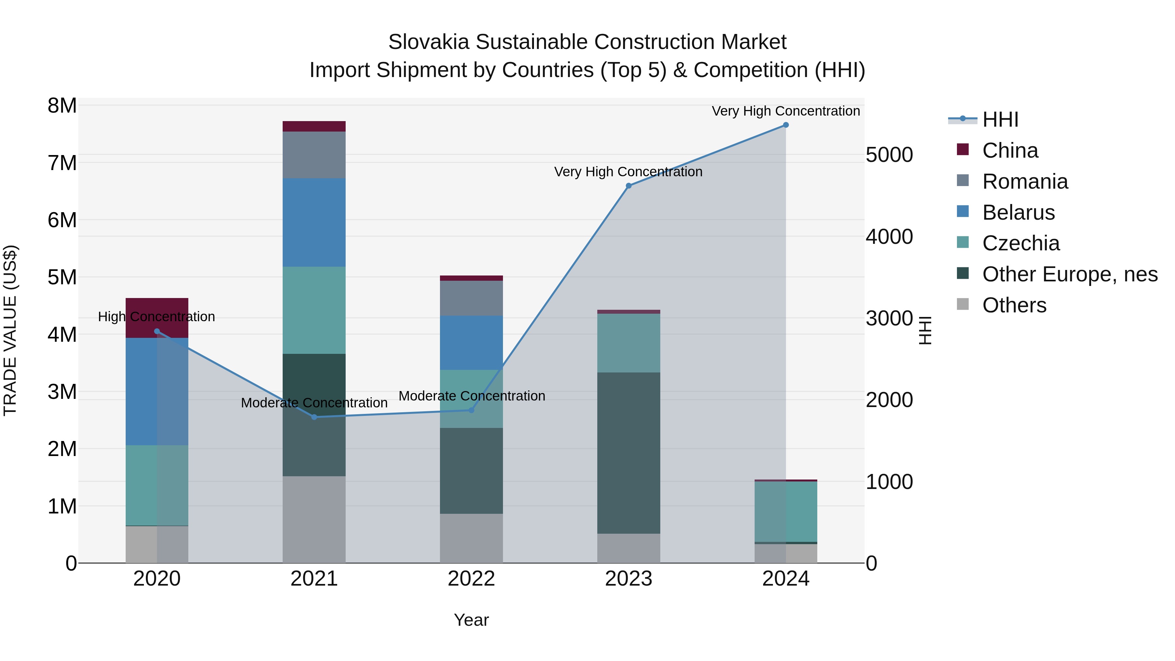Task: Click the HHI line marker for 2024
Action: tap(786, 125)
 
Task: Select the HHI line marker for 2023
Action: tap(629, 186)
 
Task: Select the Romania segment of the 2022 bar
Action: tap(471, 298)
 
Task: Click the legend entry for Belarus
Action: tap(1018, 212)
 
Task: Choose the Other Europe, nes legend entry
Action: tap(1070, 274)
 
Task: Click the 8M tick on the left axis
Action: tap(62, 106)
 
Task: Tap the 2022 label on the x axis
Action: tap(471, 579)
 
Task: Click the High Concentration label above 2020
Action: tap(156, 317)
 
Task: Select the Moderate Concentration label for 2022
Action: tap(472, 396)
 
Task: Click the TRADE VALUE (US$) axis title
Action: tap(10, 330)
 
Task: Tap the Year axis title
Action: tap(471, 620)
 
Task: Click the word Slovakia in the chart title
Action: tap(428, 42)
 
